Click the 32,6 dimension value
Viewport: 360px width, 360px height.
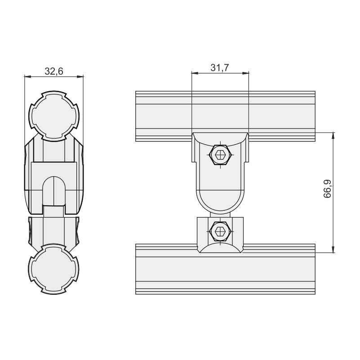coord(54,71)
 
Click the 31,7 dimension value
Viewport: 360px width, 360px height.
coord(220,68)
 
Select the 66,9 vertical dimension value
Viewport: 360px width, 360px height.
coord(327,189)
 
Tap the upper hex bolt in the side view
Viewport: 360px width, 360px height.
coord(220,155)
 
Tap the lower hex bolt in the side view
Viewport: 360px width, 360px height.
coord(220,231)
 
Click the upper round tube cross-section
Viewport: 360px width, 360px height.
coord(54,116)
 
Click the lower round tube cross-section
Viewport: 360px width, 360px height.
coord(54,269)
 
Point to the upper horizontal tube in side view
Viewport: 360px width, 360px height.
coord(225,116)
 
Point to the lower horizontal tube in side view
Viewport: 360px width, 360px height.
coord(225,269)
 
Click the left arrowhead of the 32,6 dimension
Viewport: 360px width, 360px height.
coord(27,77)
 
